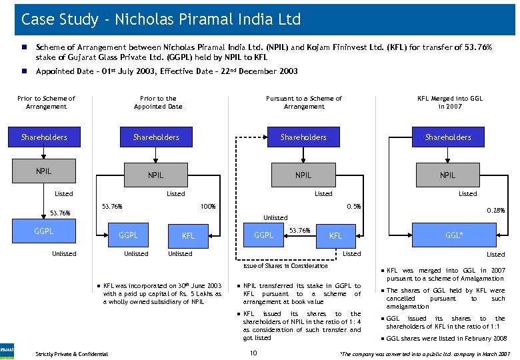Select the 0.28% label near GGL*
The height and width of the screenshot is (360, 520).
(495, 211)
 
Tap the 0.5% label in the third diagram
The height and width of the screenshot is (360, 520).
(353, 206)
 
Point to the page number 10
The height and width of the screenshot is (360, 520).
(253, 353)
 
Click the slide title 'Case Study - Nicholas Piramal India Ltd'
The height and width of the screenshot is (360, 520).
(161, 19)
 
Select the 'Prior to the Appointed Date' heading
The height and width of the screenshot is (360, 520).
(158, 102)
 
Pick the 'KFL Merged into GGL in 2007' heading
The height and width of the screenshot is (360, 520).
(450, 102)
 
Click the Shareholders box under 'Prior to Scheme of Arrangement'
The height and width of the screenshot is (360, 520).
(44, 137)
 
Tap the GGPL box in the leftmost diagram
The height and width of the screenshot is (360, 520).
(44, 231)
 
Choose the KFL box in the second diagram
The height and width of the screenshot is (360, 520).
(189, 235)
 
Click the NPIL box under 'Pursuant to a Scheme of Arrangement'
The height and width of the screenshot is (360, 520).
(303, 175)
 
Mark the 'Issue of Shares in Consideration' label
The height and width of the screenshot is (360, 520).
(285, 266)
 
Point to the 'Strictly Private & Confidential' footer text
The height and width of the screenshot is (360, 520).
(72, 353)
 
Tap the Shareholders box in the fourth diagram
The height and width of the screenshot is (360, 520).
(448, 137)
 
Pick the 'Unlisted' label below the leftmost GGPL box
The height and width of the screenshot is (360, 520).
(64, 253)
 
